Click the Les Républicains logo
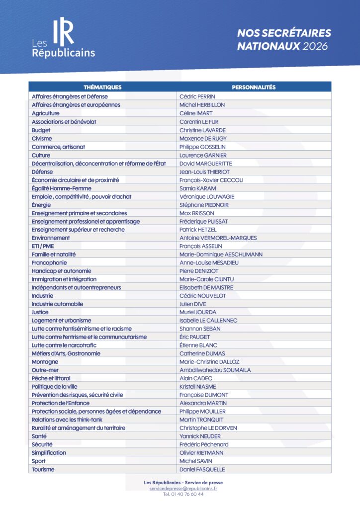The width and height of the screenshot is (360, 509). tap(63, 39)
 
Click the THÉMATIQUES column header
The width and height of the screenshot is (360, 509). tap(102, 87)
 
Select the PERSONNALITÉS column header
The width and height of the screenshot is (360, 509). tap(254, 87)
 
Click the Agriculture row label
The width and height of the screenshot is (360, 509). tap(46, 113)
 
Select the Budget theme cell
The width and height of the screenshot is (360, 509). tap(41, 130)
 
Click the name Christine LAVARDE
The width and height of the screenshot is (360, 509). tap(202, 130)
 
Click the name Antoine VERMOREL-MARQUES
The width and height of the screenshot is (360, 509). tap(218, 238)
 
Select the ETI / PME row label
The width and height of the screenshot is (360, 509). tap(43, 246)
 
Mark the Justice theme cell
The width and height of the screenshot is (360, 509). tap(40, 312)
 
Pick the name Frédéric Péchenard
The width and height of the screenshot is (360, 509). tap(204, 444)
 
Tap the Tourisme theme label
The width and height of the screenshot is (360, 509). tap(43, 469)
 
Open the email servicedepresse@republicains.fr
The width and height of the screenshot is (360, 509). tap(183, 489)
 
